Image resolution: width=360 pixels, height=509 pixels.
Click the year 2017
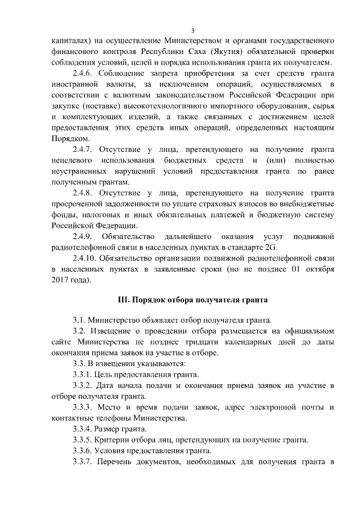point(62,280)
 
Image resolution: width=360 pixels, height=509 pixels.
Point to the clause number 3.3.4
point(85,429)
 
